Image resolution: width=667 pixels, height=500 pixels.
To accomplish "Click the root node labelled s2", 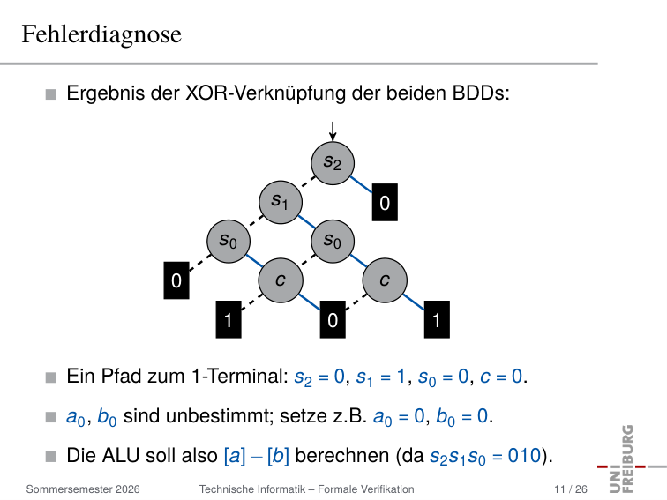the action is tap(333, 163).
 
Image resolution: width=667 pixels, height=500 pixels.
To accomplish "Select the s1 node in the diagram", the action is tap(281, 203).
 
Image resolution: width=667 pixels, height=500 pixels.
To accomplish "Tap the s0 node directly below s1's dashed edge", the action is tap(229, 242).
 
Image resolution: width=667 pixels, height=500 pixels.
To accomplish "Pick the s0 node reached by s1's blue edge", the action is tap(333, 242).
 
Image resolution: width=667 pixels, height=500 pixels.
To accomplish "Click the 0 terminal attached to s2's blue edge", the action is tap(385, 203).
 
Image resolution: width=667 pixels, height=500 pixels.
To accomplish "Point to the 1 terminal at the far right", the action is tap(437, 320).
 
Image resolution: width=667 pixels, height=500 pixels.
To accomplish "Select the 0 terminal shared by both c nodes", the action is tap(333, 320).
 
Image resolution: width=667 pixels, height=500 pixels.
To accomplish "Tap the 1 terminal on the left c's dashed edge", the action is tap(229, 320).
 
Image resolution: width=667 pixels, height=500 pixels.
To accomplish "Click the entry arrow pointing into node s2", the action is tap(333, 131).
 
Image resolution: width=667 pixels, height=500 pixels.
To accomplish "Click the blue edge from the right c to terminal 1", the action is tap(414, 302).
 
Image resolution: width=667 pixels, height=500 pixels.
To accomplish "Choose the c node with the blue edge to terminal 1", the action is tap(385, 280).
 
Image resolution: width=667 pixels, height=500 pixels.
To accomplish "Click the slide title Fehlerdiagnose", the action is tap(101, 34).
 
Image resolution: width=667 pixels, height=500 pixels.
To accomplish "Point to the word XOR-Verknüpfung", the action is tap(266, 93).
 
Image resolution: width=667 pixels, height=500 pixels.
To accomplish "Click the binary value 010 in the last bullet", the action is tap(524, 455).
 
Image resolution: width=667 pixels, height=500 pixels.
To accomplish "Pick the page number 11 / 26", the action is tap(571, 489).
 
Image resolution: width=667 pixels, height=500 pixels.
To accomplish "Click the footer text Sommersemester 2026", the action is tap(83, 489).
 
